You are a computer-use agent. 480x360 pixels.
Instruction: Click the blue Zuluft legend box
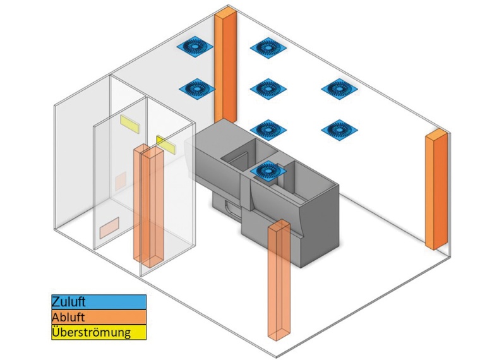tap(99, 302)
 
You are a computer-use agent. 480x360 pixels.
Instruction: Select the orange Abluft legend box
tap(99, 317)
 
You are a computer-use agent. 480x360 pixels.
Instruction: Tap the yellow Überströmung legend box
tap(99, 332)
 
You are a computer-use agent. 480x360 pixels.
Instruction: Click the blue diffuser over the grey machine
tap(270, 171)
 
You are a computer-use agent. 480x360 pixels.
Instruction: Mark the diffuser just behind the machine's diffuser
tap(269, 129)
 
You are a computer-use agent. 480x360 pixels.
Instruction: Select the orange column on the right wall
tap(435, 189)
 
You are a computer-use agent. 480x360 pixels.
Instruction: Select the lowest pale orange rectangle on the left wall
tap(109, 227)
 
